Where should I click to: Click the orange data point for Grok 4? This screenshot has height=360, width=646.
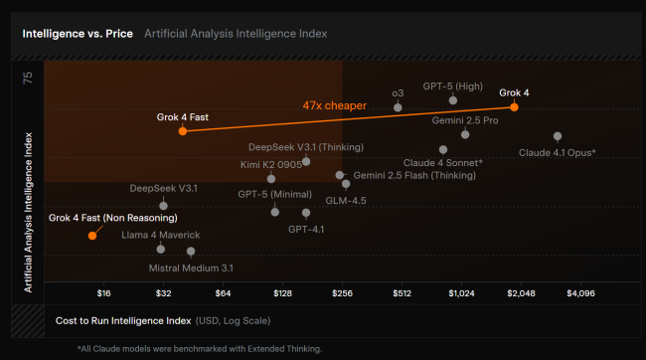[514, 105]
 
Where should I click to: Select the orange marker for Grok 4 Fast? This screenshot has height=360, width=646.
[183, 130]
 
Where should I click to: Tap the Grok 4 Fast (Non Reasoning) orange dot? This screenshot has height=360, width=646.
[92, 236]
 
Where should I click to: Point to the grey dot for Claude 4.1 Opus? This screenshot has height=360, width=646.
[558, 136]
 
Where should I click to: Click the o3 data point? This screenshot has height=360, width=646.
[398, 106]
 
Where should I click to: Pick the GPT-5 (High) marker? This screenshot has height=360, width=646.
[453, 99]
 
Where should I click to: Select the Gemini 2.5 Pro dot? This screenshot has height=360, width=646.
[465, 133]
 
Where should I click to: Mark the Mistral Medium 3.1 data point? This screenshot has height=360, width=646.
[191, 253]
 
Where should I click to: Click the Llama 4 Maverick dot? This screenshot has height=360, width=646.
[161, 249]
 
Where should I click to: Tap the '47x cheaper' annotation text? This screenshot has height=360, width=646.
[335, 105]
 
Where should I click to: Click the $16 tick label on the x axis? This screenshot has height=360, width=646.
[104, 293]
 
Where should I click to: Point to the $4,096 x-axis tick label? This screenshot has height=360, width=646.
[579, 293]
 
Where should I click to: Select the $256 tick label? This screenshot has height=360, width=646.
[342, 293]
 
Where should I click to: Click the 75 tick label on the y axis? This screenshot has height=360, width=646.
[27, 77]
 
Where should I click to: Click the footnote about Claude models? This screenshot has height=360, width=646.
[200, 348]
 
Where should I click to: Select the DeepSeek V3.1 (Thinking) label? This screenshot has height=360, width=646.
[306, 147]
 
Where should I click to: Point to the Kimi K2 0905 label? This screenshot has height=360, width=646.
[271, 164]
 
